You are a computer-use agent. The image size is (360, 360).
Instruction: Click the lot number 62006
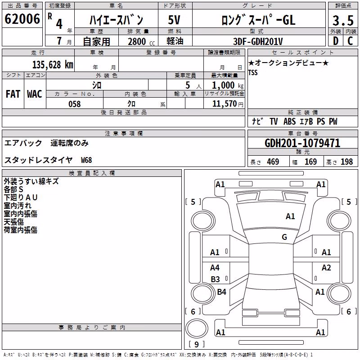tap(22, 19)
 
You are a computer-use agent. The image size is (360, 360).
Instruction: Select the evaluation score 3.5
tap(343, 21)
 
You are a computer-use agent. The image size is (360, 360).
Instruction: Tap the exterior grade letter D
tap(335, 41)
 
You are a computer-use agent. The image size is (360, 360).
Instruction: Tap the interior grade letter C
tap(350, 41)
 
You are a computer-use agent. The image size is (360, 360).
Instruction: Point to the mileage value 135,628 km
tap(53, 65)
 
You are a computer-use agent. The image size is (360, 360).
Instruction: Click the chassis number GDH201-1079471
tap(302, 143)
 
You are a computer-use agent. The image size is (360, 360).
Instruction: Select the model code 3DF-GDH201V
tap(258, 41)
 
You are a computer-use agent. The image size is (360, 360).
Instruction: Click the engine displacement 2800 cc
tap(141, 41)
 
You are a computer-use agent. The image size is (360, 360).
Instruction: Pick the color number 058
tap(74, 104)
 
